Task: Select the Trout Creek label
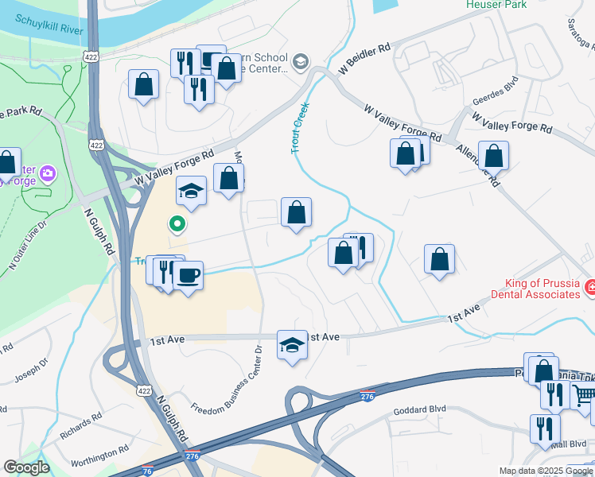click(300, 127)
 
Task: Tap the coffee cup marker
click(188, 276)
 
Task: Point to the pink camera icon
click(47, 173)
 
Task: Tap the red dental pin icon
click(590, 286)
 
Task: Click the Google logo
click(26, 468)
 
